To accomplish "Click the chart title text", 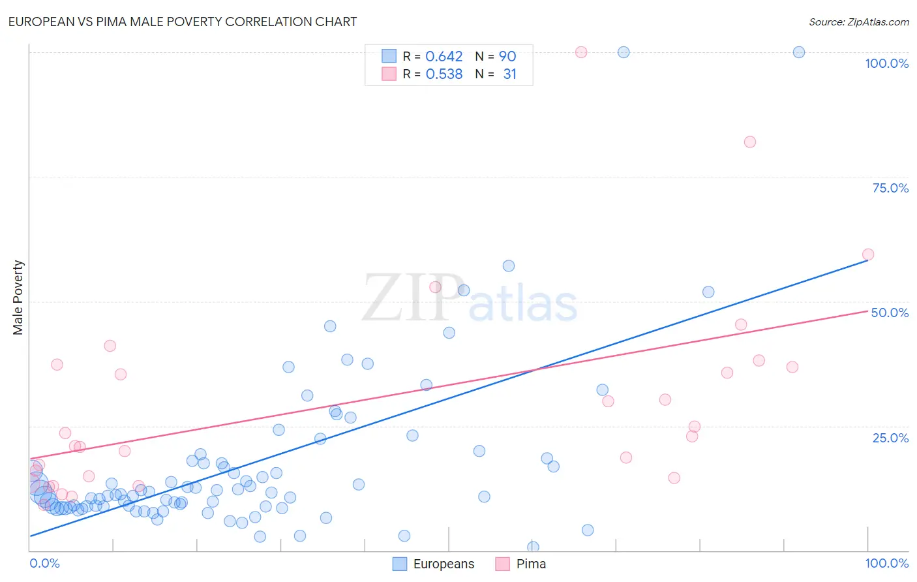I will coord(183,22).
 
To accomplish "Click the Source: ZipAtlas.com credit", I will coord(858,22).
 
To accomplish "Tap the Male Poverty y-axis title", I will coord(18,298).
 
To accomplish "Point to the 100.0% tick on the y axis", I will coord(886,63).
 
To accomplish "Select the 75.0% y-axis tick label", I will coord(890,188).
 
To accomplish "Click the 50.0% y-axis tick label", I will coord(890,313).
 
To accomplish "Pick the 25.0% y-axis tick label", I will coord(890,438).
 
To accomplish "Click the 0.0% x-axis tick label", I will coord(44,563).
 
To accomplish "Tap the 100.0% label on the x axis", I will coord(886,563).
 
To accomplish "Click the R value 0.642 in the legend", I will coord(443,57).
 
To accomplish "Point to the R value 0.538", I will coord(443,74).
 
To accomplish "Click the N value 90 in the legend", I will coord(507,57).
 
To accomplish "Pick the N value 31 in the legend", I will coord(509,74).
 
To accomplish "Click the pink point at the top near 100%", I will coord(581,52).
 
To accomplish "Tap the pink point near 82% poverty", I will coord(750,142).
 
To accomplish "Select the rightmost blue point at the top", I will coord(799,52).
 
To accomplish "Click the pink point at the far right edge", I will coord(868,254).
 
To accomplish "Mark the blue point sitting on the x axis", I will coord(533,547).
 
